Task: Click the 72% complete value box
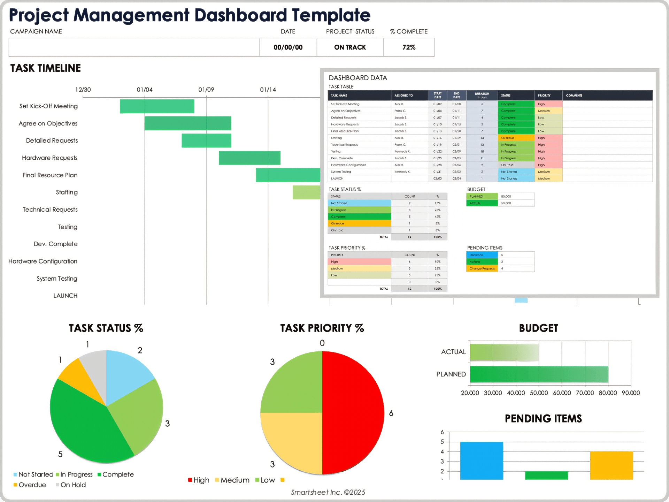click(409, 47)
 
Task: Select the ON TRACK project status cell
click(350, 47)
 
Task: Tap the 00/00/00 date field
click(288, 47)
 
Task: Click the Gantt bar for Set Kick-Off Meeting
click(157, 106)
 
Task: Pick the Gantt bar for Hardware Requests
click(249, 158)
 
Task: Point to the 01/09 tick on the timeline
click(206, 90)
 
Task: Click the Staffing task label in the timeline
click(67, 192)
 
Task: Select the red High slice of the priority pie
click(352, 411)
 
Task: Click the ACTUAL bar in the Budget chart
click(504, 352)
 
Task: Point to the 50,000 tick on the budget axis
click(539, 393)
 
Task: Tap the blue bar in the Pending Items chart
click(482, 460)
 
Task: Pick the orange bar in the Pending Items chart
click(612, 465)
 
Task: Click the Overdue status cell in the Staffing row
click(515, 138)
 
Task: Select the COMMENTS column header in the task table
click(574, 96)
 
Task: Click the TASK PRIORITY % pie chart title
click(322, 328)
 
